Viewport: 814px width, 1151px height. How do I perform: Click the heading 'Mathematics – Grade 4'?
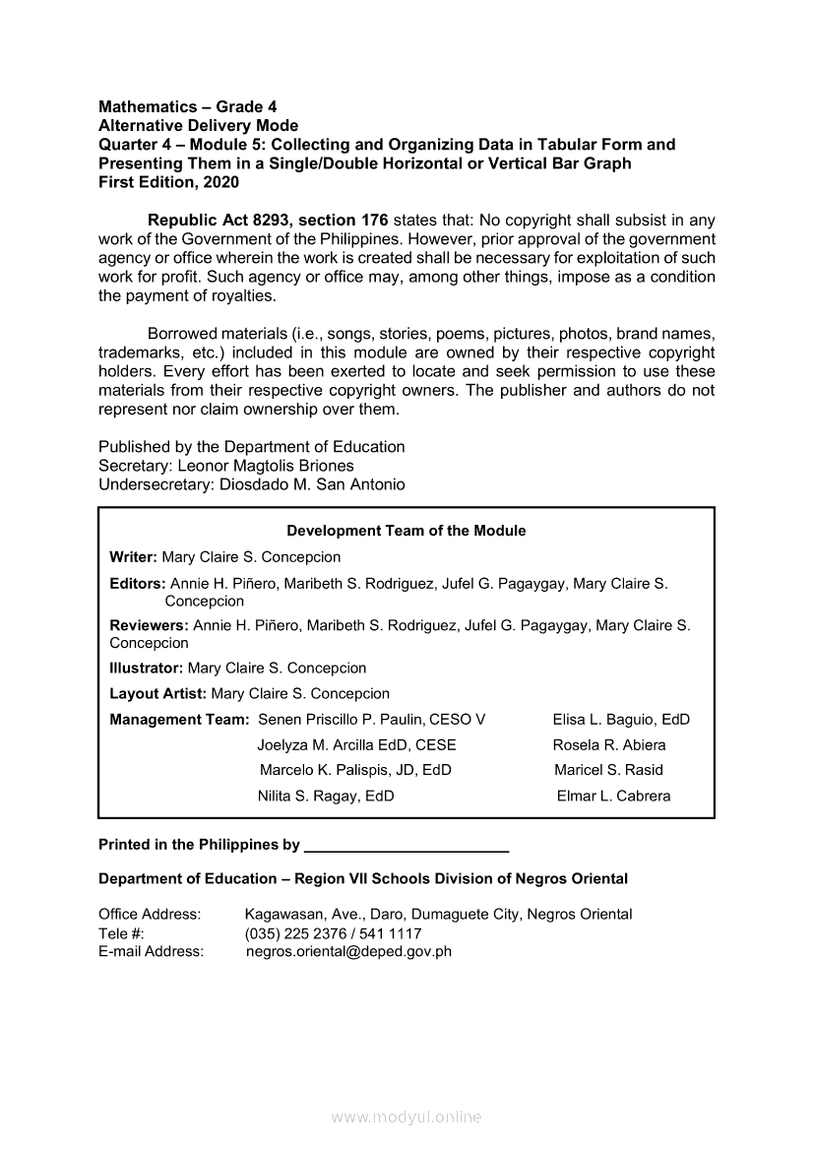(180, 106)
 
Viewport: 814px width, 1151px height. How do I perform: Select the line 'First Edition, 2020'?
(168, 182)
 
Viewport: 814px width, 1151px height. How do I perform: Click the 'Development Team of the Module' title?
(407, 531)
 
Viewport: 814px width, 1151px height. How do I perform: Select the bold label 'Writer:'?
(134, 557)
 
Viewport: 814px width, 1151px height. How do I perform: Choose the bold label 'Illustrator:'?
(147, 668)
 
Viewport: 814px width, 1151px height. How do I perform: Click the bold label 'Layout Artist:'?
(158, 693)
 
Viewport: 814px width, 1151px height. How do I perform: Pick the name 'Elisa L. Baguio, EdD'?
(621, 720)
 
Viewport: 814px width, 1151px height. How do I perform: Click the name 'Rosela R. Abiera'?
(609, 745)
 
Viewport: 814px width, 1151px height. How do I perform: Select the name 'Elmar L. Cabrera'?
(613, 797)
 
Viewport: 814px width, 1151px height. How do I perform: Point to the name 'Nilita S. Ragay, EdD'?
(326, 797)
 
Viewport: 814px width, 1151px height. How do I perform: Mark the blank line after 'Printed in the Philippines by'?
(407, 848)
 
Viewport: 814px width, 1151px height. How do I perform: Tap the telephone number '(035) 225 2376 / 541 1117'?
(333, 933)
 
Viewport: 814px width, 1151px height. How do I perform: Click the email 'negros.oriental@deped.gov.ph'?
(348, 952)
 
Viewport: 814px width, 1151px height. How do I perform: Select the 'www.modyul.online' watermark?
(407, 1117)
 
